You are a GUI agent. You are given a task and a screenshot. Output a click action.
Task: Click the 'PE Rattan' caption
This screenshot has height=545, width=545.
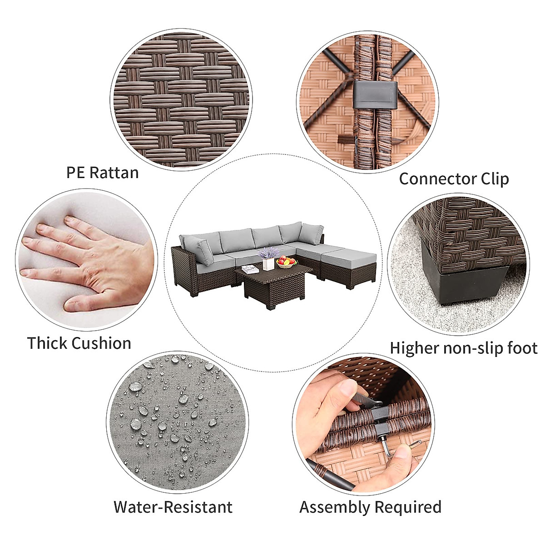[102, 173]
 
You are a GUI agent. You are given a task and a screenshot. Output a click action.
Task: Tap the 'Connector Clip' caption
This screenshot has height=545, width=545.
[454, 179]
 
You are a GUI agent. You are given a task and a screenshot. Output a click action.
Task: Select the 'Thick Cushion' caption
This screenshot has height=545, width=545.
[79, 343]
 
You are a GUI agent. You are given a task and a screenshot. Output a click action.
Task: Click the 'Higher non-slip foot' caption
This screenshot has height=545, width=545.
[463, 348]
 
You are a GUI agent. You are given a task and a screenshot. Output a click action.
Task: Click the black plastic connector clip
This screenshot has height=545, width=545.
[375, 94]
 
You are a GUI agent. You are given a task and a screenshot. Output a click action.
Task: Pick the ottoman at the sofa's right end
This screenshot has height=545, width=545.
[348, 266]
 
